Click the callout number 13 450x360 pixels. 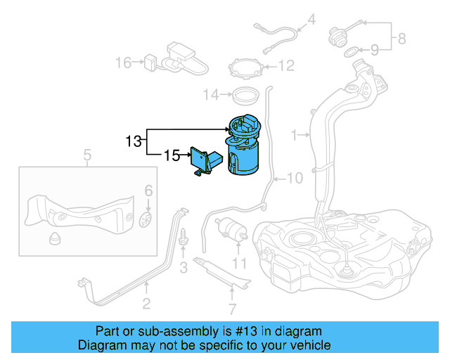[x=134, y=141]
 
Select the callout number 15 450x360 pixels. [x=172, y=155]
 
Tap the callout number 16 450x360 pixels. [x=123, y=63]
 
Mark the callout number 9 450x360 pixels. [x=375, y=50]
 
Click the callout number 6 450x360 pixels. [x=148, y=191]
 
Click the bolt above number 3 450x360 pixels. [x=184, y=238]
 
